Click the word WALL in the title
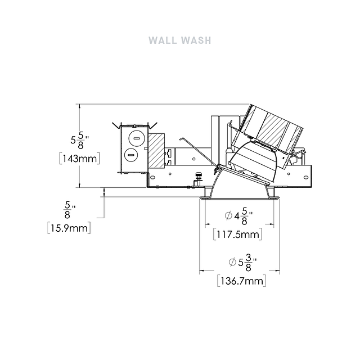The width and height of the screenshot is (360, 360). [163, 40]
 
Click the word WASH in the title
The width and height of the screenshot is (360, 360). [196, 40]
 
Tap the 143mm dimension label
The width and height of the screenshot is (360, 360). [80, 159]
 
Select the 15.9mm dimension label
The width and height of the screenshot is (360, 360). [69, 228]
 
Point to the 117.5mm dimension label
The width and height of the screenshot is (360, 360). [237, 235]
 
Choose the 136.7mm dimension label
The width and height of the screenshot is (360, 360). [242, 281]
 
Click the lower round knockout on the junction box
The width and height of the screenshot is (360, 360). [131, 155]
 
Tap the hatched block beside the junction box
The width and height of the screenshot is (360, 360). [156, 151]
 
